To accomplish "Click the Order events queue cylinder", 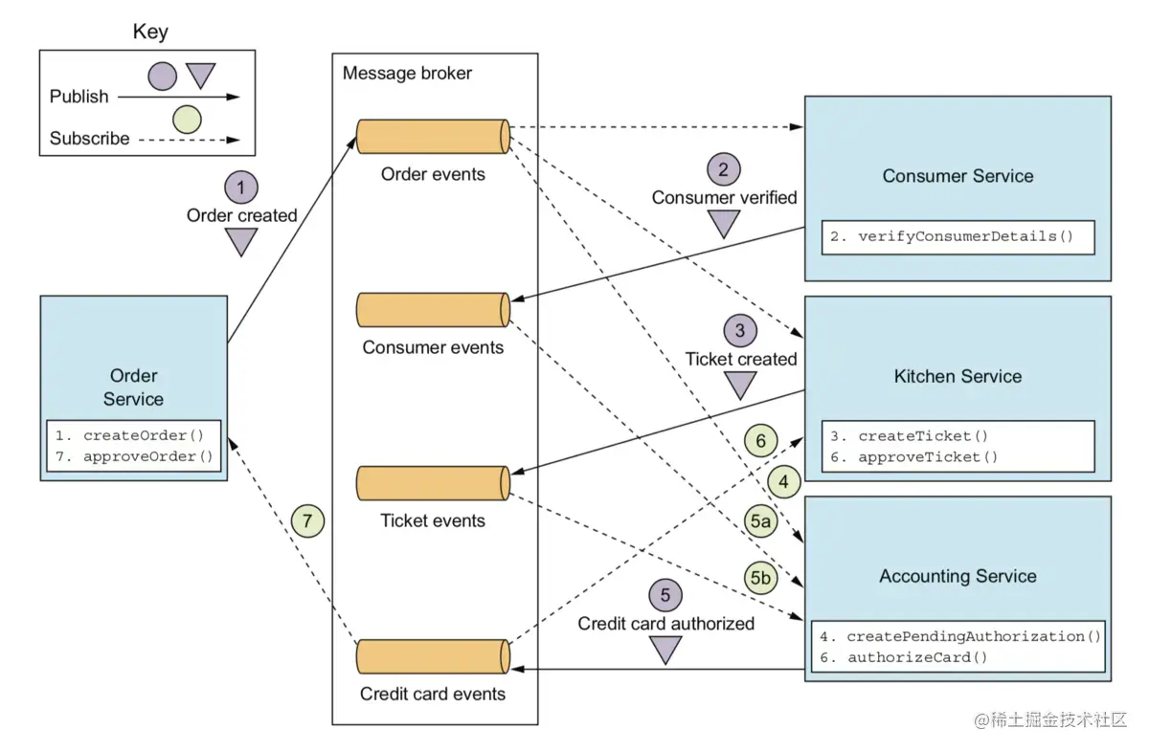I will click(432, 137).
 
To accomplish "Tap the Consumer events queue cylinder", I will click(432, 309).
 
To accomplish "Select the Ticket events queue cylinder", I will click(432, 482).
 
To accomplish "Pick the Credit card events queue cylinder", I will click(432, 656).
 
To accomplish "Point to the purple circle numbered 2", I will click(724, 169).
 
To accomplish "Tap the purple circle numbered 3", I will click(740, 331).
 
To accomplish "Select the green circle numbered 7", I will click(307, 521).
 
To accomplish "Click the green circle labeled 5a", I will click(760, 521).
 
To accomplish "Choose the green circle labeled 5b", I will click(760, 578).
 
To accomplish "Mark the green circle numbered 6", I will click(760, 441).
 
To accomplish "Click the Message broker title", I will click(407, 74).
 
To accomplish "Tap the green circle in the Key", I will click(187, 120).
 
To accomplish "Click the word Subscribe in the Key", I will click(89, 139).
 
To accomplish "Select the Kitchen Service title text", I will click(957, 376).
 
